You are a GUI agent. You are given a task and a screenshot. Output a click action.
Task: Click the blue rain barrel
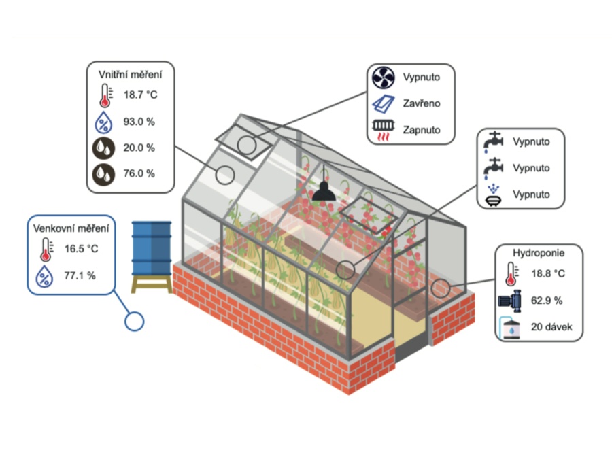point(152,248)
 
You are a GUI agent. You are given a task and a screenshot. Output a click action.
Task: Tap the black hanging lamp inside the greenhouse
point(323,192)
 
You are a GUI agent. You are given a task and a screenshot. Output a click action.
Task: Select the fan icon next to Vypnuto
point(384,78)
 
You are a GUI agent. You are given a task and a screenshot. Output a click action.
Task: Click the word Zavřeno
point(421,103)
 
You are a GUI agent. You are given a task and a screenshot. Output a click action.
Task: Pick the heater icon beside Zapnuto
point(384,130)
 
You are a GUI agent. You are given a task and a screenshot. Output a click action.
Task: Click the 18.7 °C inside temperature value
point(140,95)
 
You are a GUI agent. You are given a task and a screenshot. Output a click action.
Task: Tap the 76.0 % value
point(139,173)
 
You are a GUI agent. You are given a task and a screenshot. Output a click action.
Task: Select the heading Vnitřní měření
point(131,73)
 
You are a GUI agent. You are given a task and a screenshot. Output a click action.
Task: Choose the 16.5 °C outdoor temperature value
point(82,249)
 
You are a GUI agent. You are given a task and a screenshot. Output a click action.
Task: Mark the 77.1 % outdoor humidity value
point(80,275)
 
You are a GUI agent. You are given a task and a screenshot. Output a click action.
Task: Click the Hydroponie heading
point(539,253)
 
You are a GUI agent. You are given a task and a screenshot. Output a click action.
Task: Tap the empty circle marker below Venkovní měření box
point(135,321)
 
